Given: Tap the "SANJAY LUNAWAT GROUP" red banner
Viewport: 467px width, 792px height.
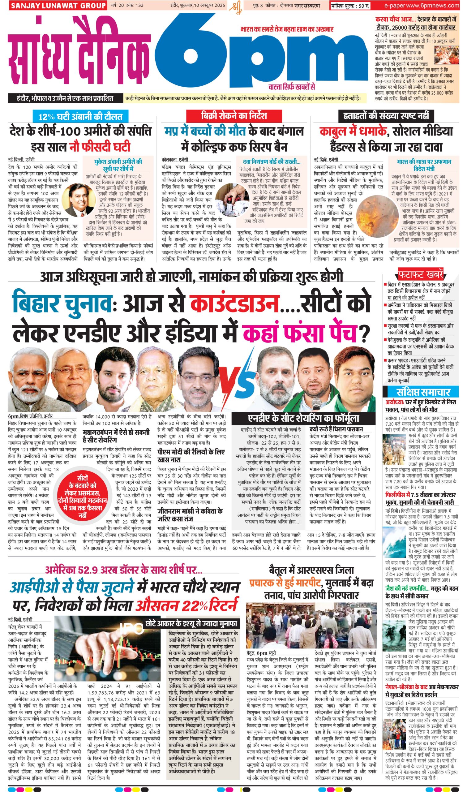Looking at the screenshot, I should tap(58, 6).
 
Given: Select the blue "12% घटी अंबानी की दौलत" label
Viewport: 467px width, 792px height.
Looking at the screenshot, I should tap(80, 117).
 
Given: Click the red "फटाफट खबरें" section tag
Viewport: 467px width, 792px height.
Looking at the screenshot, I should tap(420, 274).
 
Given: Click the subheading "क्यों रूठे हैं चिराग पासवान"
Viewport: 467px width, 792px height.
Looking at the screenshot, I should tap(336, 429).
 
